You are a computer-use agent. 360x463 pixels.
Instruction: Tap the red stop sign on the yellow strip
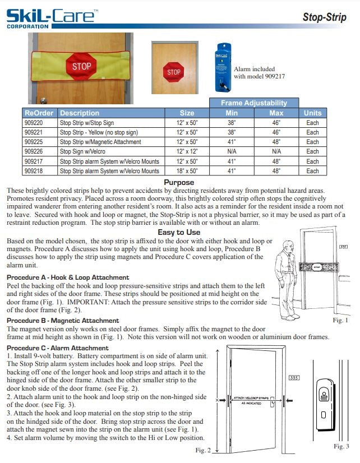[x=81, y=66]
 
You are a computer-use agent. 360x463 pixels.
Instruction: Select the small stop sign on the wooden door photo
[x=174, y=72]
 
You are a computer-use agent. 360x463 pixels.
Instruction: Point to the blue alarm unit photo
[x=223, y=67]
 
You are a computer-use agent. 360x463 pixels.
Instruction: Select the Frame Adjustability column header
[x=253, y=103]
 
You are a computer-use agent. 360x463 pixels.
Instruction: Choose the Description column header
[x=80, y=113]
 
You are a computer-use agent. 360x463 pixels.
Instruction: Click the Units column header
[x=312, y=113]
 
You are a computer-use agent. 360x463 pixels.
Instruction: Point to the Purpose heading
[x=179, y=182]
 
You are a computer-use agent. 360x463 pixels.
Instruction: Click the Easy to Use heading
[x=179, y=232]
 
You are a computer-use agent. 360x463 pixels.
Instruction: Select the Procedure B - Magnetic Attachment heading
[x=63, y=321]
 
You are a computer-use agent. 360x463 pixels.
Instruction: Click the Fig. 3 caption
[x=341, y=446]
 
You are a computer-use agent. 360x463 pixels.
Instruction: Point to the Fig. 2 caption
[x=203, y=450]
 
